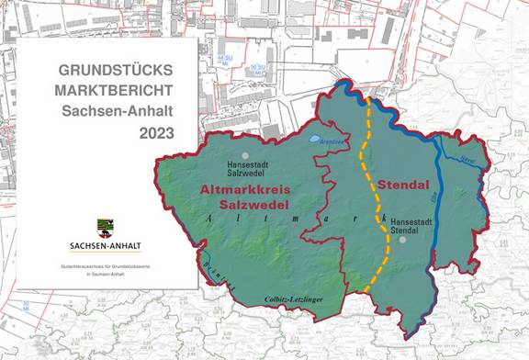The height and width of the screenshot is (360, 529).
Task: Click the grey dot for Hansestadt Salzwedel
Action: click(244, 156)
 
